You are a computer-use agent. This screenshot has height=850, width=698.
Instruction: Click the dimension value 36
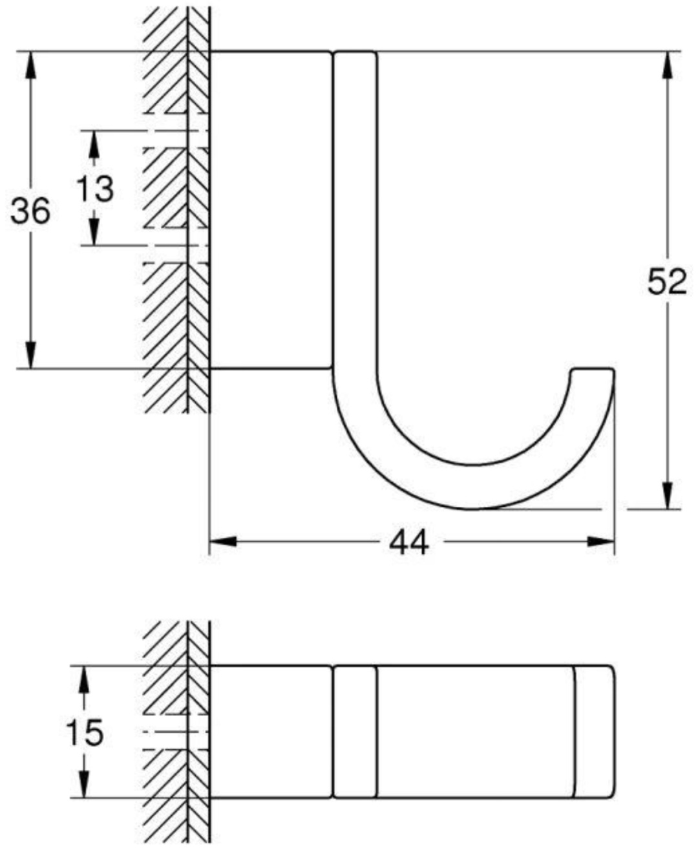point(30,211)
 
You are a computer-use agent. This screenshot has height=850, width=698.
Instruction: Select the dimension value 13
point(95,189)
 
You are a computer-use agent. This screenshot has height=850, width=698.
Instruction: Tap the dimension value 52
point(667,281)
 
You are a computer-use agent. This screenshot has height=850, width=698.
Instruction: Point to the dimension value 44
point(408,542)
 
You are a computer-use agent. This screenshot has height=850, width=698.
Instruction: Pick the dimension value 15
point(85,732)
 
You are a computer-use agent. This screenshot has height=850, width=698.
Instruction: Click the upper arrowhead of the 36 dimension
point(31,65)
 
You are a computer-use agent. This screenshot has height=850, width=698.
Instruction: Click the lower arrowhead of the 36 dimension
point(31,355)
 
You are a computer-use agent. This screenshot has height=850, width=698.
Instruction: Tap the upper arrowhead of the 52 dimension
point(668,65)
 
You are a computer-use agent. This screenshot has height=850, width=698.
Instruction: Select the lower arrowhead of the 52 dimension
point(668,496)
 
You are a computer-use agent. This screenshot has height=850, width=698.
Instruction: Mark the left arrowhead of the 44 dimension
point(223,542)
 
